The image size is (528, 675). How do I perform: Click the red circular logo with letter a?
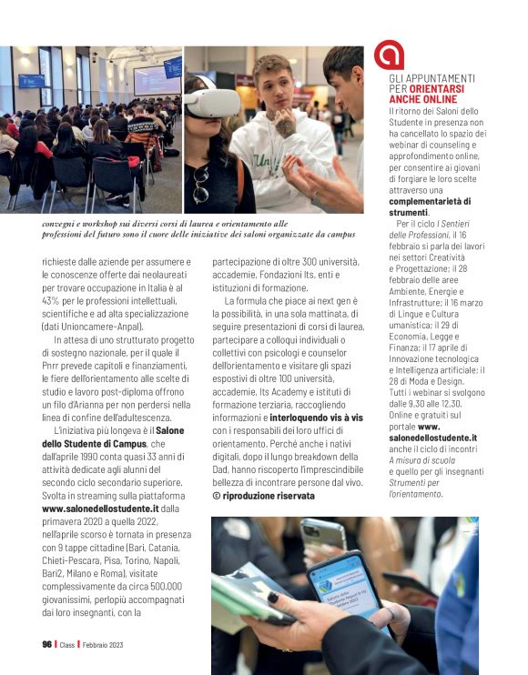pos(389,55)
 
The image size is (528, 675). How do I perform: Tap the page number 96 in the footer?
pos(46,644)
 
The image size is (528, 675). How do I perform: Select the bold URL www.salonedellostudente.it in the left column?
pos(101,509)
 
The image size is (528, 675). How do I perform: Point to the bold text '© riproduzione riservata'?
pos(263,496)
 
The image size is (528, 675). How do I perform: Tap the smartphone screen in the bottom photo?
pos(347,592)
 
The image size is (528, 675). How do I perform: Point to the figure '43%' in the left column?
pos(50,301)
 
